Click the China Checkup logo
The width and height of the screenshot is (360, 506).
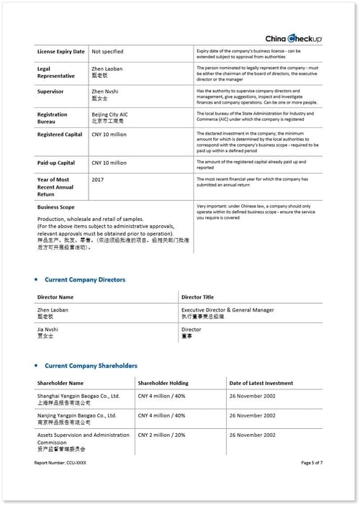tap(294, 38)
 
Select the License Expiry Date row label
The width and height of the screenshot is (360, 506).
tap(61, 52)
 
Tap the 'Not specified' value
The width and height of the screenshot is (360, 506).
tap(107, 52)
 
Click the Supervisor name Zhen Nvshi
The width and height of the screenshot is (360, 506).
tap(105, 91)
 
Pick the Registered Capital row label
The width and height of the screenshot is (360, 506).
tap(60, 134)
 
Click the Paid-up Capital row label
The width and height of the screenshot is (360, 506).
tap(56, 163)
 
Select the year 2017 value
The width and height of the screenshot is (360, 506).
tap(99, 178)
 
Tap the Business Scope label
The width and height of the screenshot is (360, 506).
tap(56, 207)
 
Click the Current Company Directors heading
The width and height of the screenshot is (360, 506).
tap(84, 279)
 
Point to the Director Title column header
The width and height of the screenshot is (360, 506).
tap(197, 297)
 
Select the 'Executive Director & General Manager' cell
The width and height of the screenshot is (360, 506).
tap(228, 310)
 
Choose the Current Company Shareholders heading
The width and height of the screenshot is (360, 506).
tap(91, 366)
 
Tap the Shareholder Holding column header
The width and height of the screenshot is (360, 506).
tap(163, 383)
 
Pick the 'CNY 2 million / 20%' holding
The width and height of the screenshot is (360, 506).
tap(161, 435)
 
